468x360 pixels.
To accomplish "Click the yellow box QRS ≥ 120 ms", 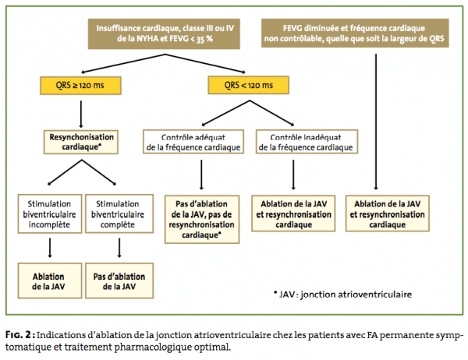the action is (x=80, y=86).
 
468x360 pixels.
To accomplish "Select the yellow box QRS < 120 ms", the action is (x=248, y=85).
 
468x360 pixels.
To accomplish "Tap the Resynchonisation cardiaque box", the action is (x=81, y=142).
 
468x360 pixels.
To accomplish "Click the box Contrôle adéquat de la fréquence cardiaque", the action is (x=193, y=142).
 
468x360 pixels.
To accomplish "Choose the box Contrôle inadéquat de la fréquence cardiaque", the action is (x=307, y=142).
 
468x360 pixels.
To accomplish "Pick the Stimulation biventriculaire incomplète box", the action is (x=50, y=214).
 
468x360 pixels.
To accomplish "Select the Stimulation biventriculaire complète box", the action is (x=119, y=214).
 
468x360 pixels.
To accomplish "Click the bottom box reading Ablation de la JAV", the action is (x=50, y=281).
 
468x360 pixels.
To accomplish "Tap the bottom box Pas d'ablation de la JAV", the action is (x=119, y=281).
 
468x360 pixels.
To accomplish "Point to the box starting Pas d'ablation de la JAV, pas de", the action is (x=202, y=220).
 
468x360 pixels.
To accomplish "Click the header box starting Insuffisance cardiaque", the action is (x=164, y=34).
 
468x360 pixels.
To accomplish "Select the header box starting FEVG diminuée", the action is (x=355, y=33).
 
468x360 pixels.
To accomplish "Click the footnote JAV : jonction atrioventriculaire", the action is (x=342, y=295).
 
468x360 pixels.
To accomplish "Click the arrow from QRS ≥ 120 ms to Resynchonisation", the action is (x=81, y=115).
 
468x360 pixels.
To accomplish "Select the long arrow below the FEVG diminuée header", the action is (x=376, y=122).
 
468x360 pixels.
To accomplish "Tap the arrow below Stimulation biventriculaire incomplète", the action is (x=50, y=248).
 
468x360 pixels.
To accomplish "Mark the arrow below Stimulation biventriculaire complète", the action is (x=119, y=248).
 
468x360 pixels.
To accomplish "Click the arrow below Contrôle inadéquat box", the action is (x=293, y=175).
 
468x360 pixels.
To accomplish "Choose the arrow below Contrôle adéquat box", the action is (x=201, y=175).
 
